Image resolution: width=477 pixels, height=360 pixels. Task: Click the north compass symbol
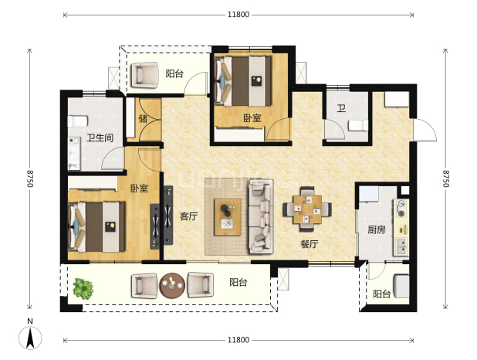click(x=30, y=335)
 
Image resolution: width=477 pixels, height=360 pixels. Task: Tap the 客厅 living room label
click(x=188, y=216)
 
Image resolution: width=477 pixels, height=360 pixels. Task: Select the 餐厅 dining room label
click(x=309, y=244)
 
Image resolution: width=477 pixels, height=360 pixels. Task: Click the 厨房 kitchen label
click(x=377, y=229)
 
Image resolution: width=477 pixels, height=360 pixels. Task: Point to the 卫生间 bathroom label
click(x=100, y=138)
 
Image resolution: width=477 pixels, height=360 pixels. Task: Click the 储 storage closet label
click(x=143, y=118)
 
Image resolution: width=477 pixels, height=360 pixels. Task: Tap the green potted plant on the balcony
click(x=83, y=288)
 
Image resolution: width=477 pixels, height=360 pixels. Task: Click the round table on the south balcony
click(x=172, y=285)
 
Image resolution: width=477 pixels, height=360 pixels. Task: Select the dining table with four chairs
click(x=307, y=209)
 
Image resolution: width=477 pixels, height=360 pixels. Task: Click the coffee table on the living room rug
click(x=228, y=217)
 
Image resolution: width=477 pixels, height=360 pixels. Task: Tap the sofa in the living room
click(x=261, y=216)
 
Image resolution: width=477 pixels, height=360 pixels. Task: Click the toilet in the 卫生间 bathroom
click(x=78, y=121)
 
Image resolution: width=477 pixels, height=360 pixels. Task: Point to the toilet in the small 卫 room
click(x=358, y=125)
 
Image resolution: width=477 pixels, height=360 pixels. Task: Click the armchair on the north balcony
click(x=145, y=75)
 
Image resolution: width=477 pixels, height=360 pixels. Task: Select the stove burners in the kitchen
click(x=402, y=209)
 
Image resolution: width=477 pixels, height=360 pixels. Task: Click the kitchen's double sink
click(x=401, y=246)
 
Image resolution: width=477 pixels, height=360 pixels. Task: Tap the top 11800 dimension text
click(x=238, y=15)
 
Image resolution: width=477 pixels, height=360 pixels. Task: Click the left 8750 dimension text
click(x=29, y=178)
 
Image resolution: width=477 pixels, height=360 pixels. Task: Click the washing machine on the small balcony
click(x=401, y=286)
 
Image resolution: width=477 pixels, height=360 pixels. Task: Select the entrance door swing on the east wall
click(x=425, y=130)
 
